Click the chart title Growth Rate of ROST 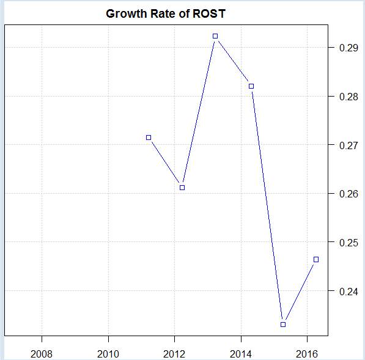pyautogui.click(x=166, y=13)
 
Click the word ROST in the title pyautogui.click(x=208, y=13)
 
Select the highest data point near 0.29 pyautogui.click(x=215, y=36)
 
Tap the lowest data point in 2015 pyautogui.click(x=283, y=324)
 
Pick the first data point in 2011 pyautogui.click(x=149, y=138)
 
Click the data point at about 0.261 pyautogui.click(x=182, y=187)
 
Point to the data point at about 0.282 pyautogui.click(x=251, y=86)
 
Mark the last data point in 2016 pyautogui.click(x=316, y=259)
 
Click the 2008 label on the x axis pyautogui.click(x=42, y=353)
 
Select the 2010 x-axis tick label pyautogui.click(x=108, y=353)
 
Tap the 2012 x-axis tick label pyautogui.click(x=174, y=353)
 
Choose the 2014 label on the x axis pyautogui.click(x=241, y=353)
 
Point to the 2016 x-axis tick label pyautogui.click(x=307, y=353)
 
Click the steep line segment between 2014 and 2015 pyautogui.click(x=267, y=205)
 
